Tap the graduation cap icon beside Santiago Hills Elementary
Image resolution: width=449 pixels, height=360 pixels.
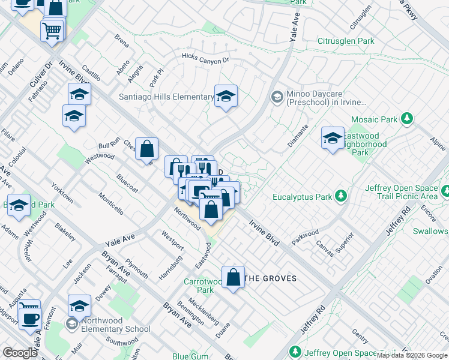click(x=226, y=96)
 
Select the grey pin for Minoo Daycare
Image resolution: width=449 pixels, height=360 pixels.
click(x=277, y=96)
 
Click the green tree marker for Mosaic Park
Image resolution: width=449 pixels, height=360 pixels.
click(x=408, y=119)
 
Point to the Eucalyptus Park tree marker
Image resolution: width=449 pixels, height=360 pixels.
click(x=341, y=196)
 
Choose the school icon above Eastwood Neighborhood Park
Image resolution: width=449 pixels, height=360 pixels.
click(x=332, y=138)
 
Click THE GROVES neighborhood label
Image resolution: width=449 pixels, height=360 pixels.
click(x=271, y=278)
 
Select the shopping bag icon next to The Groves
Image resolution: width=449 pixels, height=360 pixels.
click(x=234, y=277)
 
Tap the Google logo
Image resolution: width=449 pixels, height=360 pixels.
click(x=20, y=353)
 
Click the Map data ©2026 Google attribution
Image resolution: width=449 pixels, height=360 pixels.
click(x=412, y=355)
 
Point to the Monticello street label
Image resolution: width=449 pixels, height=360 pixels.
click(x=112, y=203)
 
